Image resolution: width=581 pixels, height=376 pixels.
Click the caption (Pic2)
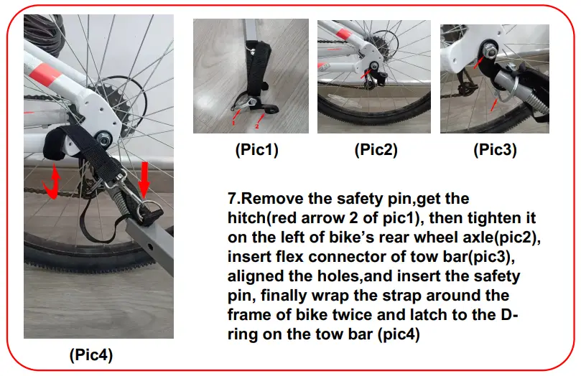(x=376, y=151)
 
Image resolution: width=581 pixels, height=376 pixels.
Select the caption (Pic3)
(x=495, y=151)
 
